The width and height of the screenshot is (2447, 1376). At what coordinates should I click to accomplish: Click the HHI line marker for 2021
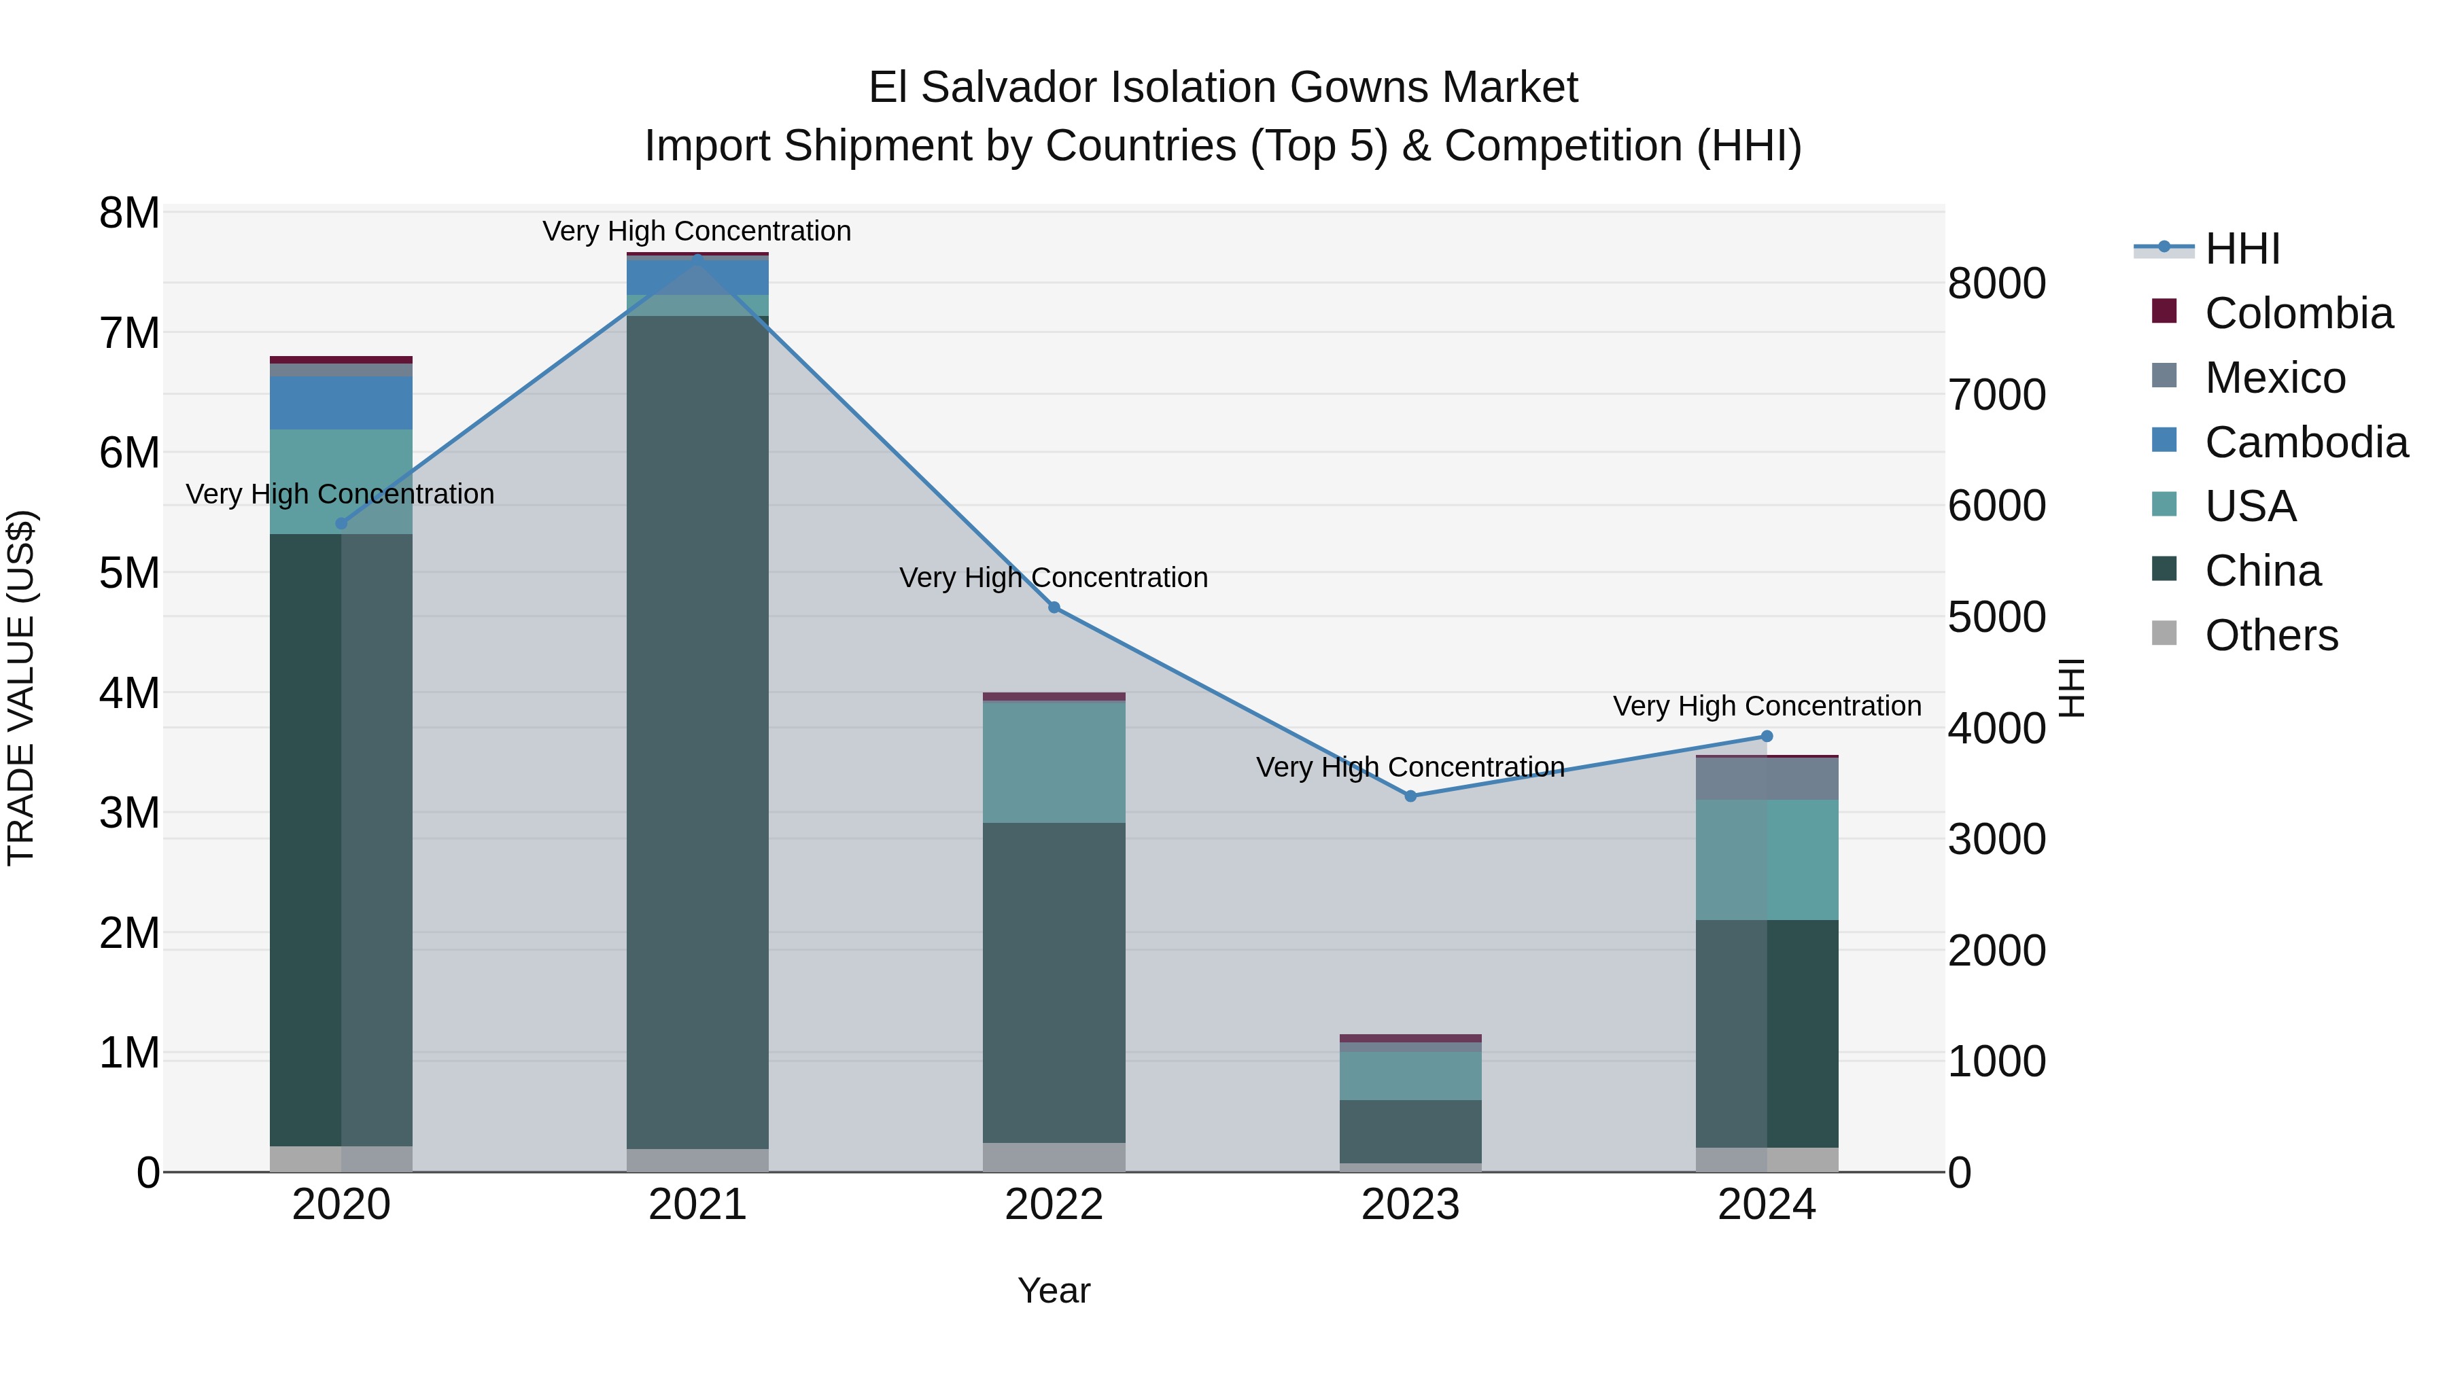[x=697, y=256]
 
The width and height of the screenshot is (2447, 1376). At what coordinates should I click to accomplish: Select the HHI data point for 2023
[x=1410, y=796]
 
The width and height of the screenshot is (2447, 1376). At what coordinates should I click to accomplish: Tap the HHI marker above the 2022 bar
[x=1054, y=607]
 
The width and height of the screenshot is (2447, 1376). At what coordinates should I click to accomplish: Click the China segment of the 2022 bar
[x=1054, y=982]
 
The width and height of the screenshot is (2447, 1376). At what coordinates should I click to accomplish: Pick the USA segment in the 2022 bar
[x=1054, y=762]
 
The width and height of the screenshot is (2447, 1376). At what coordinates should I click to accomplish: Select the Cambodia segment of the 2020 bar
[x=341, y=403]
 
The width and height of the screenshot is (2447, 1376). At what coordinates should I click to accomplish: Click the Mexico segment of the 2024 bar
[x=1766, y=779]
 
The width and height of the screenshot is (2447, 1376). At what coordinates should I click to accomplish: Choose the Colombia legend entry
[x=2298, y=313]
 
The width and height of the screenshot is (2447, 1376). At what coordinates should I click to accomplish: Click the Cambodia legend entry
[x=2306, y=442]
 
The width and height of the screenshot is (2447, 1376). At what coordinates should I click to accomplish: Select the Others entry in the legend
[x=2270, y=635]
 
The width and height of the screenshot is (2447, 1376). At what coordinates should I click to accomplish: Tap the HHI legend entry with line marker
[x=2241, y=249]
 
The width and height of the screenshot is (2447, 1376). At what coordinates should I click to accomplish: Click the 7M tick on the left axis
[x=129, y=334]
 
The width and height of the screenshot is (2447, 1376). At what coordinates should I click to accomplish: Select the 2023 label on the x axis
[x=1410, y=1205]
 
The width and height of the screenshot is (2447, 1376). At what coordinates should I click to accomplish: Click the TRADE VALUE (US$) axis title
[x=22, y=688]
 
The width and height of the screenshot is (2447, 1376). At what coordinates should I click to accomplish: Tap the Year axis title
[x=1054, y=1290]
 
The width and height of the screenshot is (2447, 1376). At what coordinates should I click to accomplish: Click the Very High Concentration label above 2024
[x=1766, y=707]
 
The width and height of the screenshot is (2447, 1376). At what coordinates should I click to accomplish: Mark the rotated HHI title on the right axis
[x=2071, y=688]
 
